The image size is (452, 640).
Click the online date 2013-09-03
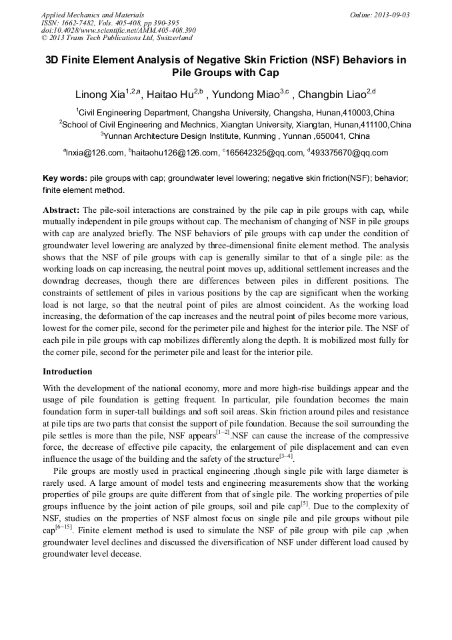(x=392, y=15)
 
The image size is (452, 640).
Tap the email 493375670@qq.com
(x=348, y=153)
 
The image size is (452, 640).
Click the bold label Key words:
(x=65, y=179)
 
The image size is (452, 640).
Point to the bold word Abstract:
(x=61, y=209)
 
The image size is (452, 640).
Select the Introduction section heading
(x=67, y=371)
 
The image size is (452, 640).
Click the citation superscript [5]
(x=304, y=503)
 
